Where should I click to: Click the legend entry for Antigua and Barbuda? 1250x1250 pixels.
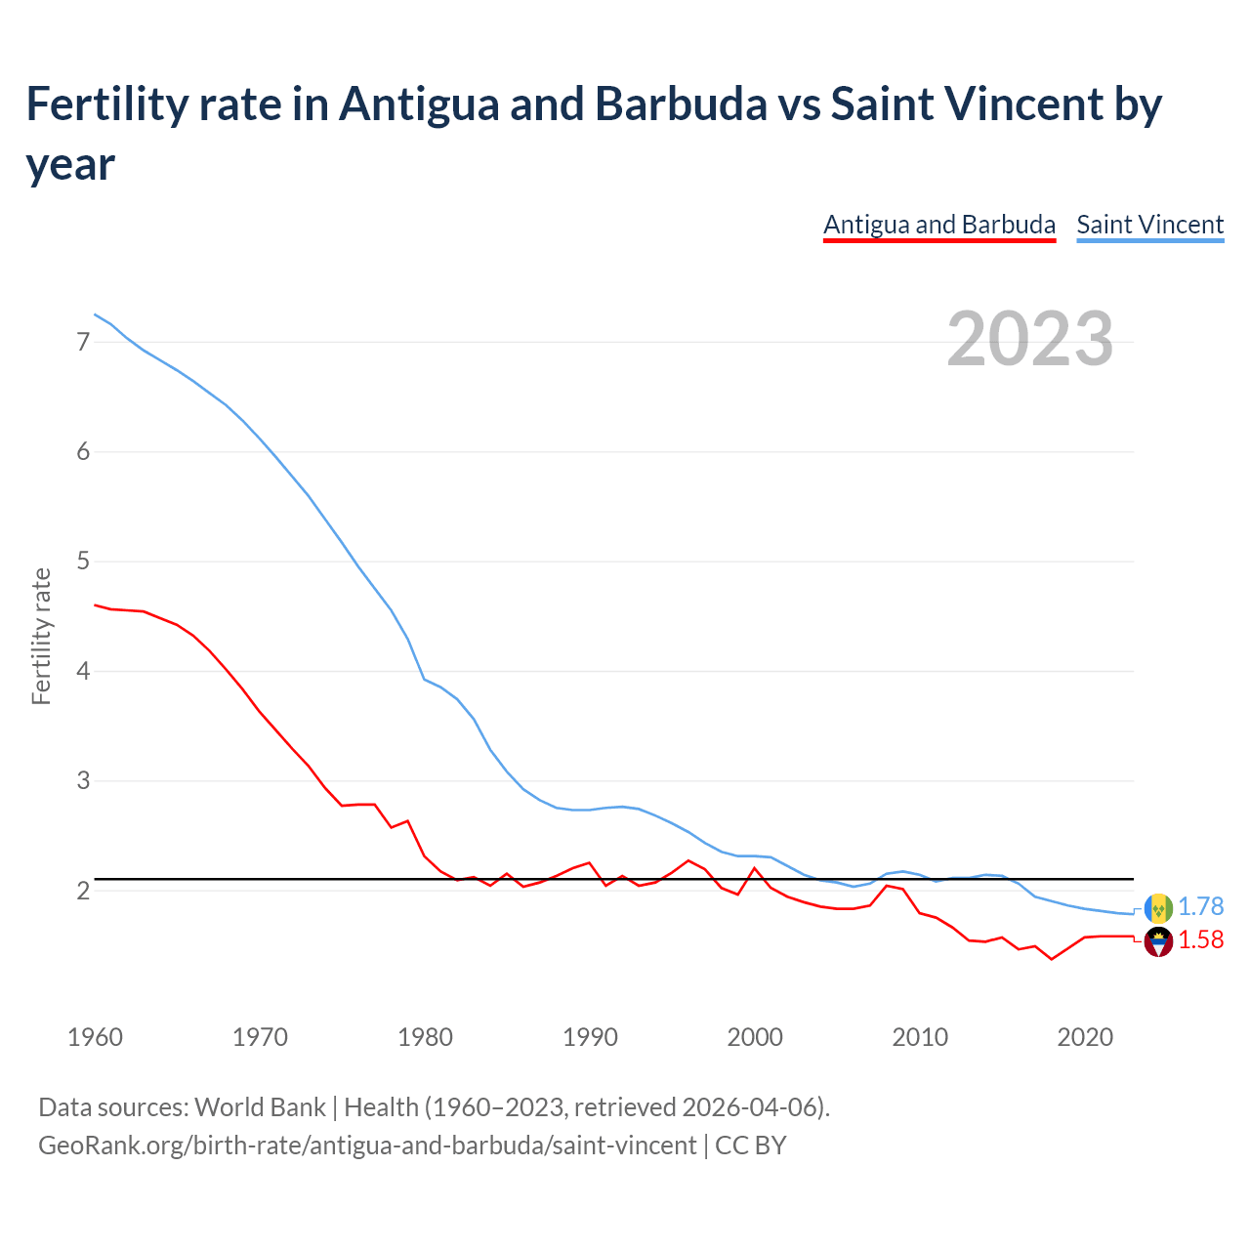[938, 225]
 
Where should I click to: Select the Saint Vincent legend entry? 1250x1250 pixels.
[1149, 225]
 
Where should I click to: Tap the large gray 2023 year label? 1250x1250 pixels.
[1030, 339]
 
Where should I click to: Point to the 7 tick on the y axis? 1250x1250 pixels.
[83, 342]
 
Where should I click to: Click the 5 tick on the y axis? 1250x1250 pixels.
[83, 562]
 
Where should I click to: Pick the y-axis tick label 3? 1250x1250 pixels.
[83, 781]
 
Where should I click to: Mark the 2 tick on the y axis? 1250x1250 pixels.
[83, 891]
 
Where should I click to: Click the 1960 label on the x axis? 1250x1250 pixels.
[95, 1037]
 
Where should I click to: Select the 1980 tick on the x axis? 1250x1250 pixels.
[425, 1037]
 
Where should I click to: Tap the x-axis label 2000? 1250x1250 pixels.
[755, 1037]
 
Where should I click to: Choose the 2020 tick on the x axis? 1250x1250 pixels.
[1085, 1037]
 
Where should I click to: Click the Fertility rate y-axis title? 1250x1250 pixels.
[41, 636]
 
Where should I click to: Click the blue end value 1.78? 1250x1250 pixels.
[1200, 907]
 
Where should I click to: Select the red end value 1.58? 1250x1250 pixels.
[1200, 940]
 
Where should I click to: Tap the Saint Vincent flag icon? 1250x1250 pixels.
[1158, 908]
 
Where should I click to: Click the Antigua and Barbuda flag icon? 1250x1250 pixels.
[1158, 942]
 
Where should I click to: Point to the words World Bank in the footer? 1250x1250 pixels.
[260, 1107]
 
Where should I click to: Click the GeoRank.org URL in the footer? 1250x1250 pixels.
[367, 1146]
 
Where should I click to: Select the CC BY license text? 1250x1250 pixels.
[751, 1146]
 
